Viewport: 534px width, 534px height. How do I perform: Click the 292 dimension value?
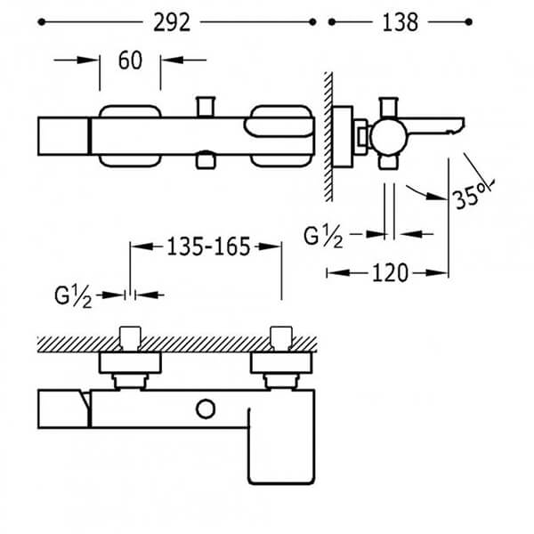coord(172,23)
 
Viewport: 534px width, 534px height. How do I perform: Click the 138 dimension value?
coord(400,23)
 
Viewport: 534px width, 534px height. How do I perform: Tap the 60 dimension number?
coord(130,61)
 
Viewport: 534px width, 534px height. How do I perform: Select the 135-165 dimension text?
coord(208,247)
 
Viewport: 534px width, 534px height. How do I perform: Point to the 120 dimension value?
coord(391,273)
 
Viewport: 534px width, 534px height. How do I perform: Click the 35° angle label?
coord(470,197)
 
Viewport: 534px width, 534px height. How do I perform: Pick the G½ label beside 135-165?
coord(73,296)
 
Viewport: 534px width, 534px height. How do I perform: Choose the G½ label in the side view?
coord(323,237)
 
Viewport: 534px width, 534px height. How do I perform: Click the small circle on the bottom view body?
coord(206,409)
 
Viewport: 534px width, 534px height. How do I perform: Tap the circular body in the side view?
coord(389,136)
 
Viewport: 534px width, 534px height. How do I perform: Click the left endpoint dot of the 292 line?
coord(42,22)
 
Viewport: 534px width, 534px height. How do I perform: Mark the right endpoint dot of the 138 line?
coord(469,22)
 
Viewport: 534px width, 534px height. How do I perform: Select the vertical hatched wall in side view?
coord(328,136)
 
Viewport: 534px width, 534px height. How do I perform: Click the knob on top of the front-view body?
coord(206,107)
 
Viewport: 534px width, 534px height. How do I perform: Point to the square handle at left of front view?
coord(64,136)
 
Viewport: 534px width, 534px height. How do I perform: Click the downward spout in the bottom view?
coord(281,446)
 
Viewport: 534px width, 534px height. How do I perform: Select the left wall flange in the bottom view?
coord(130,363)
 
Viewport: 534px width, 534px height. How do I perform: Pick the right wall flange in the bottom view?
coord(281,363)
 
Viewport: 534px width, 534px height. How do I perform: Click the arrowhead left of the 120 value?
coord(338,273)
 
